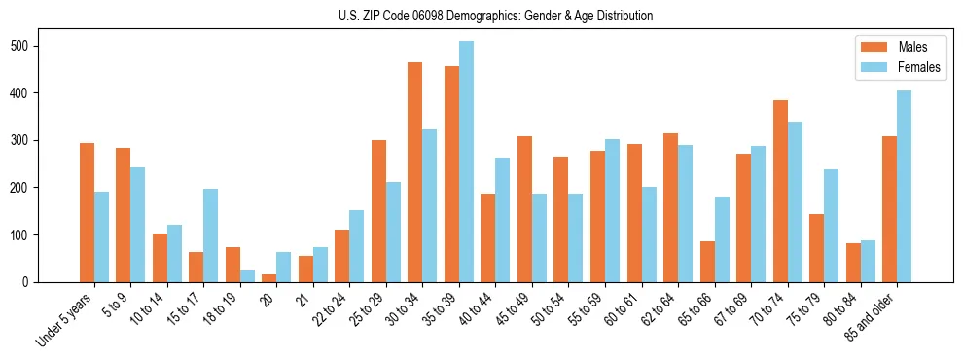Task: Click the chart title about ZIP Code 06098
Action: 481,17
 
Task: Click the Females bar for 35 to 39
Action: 467,162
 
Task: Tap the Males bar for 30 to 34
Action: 415,172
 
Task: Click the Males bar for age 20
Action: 269,278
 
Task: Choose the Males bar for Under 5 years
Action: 88,213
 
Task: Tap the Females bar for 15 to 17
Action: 211,235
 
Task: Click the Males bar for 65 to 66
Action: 707,262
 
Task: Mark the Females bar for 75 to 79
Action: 832,226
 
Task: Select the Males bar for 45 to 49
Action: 525,209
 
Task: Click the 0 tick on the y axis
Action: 60,282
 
